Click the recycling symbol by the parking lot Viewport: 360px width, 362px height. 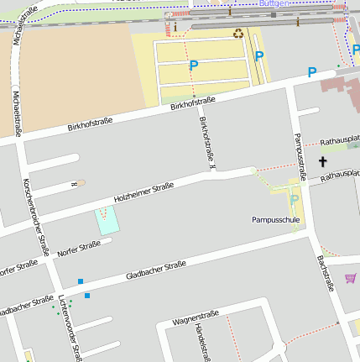coord(239,34)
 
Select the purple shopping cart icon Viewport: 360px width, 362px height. coord(350,278)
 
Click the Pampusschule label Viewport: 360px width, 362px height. coord(275,219)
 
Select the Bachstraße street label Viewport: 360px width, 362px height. coord(325,273)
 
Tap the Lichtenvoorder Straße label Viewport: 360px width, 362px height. coord(70,329)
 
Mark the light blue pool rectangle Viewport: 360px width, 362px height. coord(107,220)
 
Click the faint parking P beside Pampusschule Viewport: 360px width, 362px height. coord(294,199)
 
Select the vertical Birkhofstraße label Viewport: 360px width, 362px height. coord(206,141)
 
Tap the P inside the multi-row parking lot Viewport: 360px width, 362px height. coord(194,65)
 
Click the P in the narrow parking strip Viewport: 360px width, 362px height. coord(259,56)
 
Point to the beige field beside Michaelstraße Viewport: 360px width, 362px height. coord(71,71)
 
